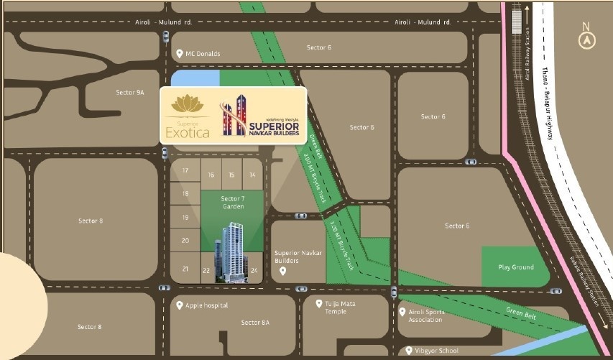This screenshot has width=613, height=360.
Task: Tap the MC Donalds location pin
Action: pos(179,53)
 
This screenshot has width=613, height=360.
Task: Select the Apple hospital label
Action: pos(207,305)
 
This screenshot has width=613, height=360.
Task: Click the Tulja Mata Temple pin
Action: pos(319,304)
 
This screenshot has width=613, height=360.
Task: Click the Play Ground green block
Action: pos(515,267)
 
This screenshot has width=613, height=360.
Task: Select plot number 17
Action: pos(185,170)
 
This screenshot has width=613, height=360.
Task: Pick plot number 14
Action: pos(252,175)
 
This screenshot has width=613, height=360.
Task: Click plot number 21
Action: pos(185,269)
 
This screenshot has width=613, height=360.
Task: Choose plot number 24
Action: pos(254,271)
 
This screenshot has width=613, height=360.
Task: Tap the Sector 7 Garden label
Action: pos(233,203)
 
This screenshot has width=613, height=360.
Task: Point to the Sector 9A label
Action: pos(130,92)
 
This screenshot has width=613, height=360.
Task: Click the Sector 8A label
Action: pos(255,323)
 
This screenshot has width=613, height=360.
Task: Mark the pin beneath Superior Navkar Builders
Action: pos(283,271)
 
